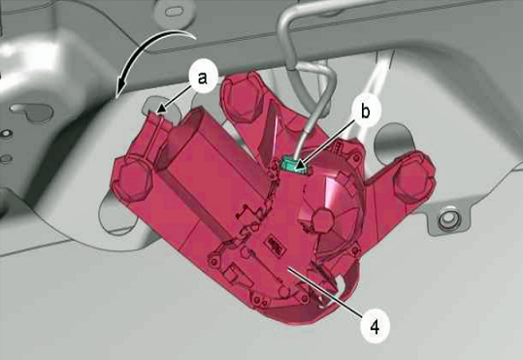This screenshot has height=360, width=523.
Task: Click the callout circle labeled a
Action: (x=202, y=80)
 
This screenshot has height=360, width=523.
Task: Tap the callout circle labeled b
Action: (x=365, y=112)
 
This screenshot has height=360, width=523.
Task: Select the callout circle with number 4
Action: (x=375, y=326)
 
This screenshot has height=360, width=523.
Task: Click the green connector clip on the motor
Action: (x=293, y=166)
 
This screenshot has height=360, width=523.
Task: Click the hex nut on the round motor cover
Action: (x=323, y=220)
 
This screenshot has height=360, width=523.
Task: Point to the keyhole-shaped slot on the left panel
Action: (x=32, y=113)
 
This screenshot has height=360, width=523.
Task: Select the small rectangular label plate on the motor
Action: (x=276, y=245)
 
